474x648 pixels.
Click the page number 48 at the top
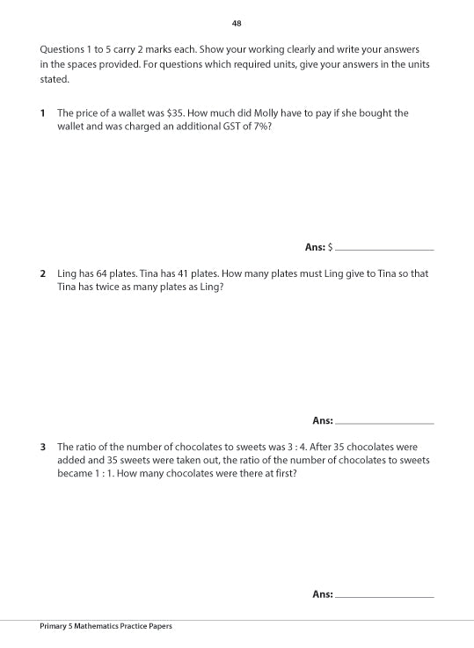(237, 23)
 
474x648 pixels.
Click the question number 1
(42, 113)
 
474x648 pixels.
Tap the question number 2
(42, 273)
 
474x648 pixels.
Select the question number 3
(42, 448)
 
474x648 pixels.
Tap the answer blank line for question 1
(384, 250)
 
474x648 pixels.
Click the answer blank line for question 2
(384, 423)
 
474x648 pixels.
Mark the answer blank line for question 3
(384, 597)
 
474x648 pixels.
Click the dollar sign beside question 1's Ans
(330, 248)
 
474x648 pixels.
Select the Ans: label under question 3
(322, 594)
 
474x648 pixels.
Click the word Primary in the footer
(55, 626)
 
